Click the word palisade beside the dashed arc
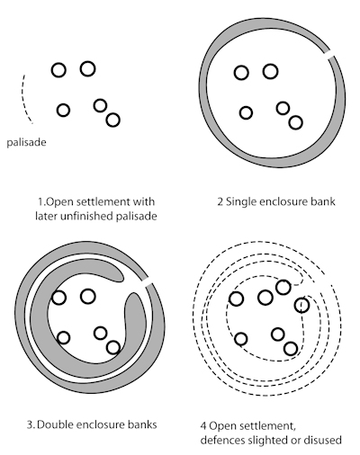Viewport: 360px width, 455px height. [x=26, y=142]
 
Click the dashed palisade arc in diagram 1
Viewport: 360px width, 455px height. [x=23, y=99]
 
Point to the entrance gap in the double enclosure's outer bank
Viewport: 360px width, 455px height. [x=148, y=283]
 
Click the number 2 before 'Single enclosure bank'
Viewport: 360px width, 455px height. [x=220, y=201]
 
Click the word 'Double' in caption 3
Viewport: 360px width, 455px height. [x=56, y=424]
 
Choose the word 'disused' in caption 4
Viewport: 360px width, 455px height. [x=323, y=440]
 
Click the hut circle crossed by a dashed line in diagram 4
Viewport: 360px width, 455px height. [x=301, y=305]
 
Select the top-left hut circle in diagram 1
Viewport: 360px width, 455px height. [x=58, y=70]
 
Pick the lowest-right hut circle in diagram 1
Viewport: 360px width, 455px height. [x=113, y=120]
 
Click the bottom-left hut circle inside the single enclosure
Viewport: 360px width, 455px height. [x=246, y=113]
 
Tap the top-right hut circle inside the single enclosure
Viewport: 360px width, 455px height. [x=270, y=72]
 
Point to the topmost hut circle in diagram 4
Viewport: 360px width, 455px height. [x=283, y=288]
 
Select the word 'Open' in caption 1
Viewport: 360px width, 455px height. [x=60, y=202]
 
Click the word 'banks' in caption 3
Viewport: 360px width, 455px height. [x=143, y=424]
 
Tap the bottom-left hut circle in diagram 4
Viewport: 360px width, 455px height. [x=240, y=339]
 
